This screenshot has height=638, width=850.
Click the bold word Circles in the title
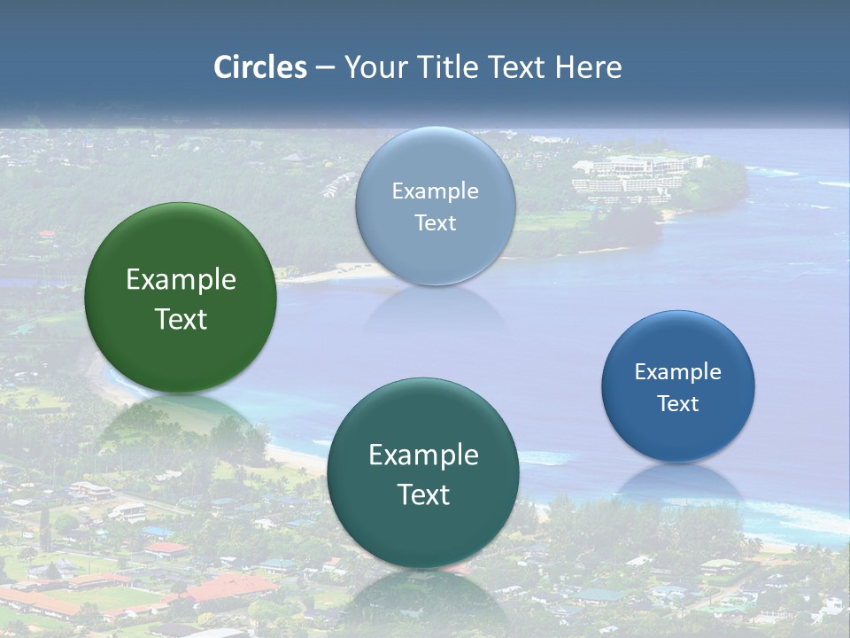pyautogui.click(x=260, y=67)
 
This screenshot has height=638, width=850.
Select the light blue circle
pyautogui.click(x=436, y=159)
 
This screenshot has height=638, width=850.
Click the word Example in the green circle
pyautogui.click(x=181, y=280)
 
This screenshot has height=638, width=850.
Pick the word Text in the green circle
pyautogui.click(x=181, y=319)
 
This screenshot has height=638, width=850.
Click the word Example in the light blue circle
pyautogui.click(x=436, y=191)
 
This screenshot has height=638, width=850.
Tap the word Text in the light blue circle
pyautogui.click(x=436, y=223)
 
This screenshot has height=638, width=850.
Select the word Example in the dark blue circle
pyautogui.click(x=678, y=372)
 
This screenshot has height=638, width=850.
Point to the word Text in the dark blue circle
pyautogui.click(x=678, y=404)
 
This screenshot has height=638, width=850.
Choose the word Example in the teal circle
pyautogui.click(x=423, y=455)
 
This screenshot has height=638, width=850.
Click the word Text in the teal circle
pyautogui.click(x=423, y=494)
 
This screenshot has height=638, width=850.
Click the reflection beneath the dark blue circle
pyautogui.click(x=678, y=483)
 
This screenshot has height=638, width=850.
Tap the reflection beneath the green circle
pyautogui.click(x=181, y=421)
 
